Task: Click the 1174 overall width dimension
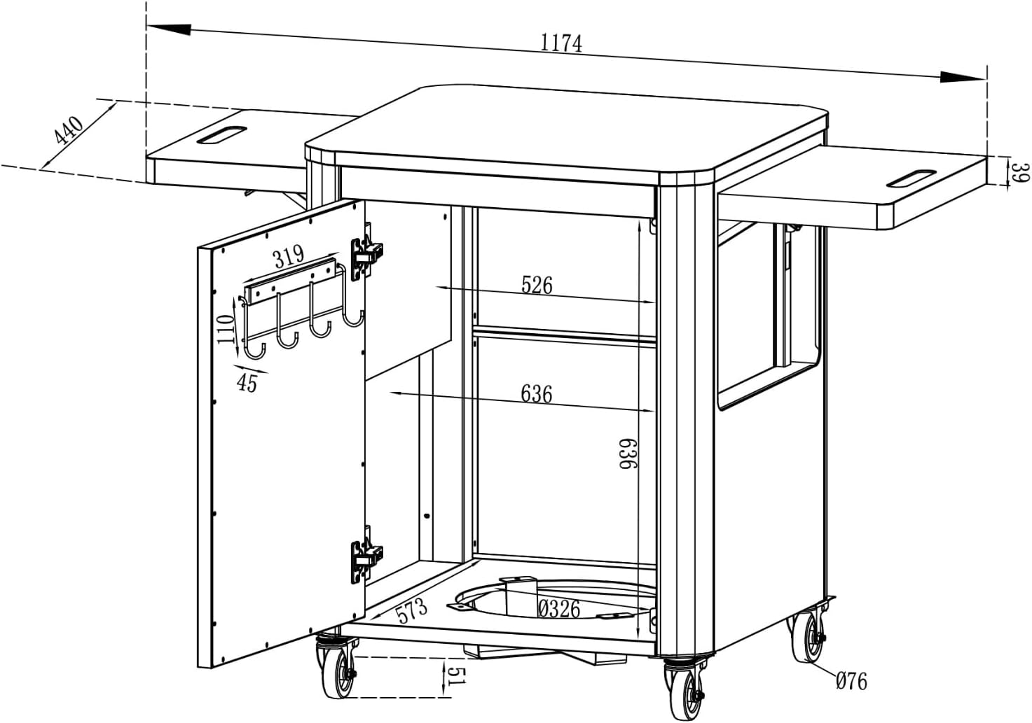coord(561,43)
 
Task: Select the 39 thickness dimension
coord(1022,171)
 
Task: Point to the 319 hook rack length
coord(288,257)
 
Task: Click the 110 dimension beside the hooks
coord(225,328)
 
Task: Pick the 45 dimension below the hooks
coord(247,384)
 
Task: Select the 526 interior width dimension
coord(537,285)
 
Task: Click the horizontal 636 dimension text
coord(537,394)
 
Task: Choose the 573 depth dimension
coord(411,610)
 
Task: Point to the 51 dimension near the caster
coord(455,677)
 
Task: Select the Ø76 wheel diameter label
coord(851,680)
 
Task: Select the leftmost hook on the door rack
coord(256,347)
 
